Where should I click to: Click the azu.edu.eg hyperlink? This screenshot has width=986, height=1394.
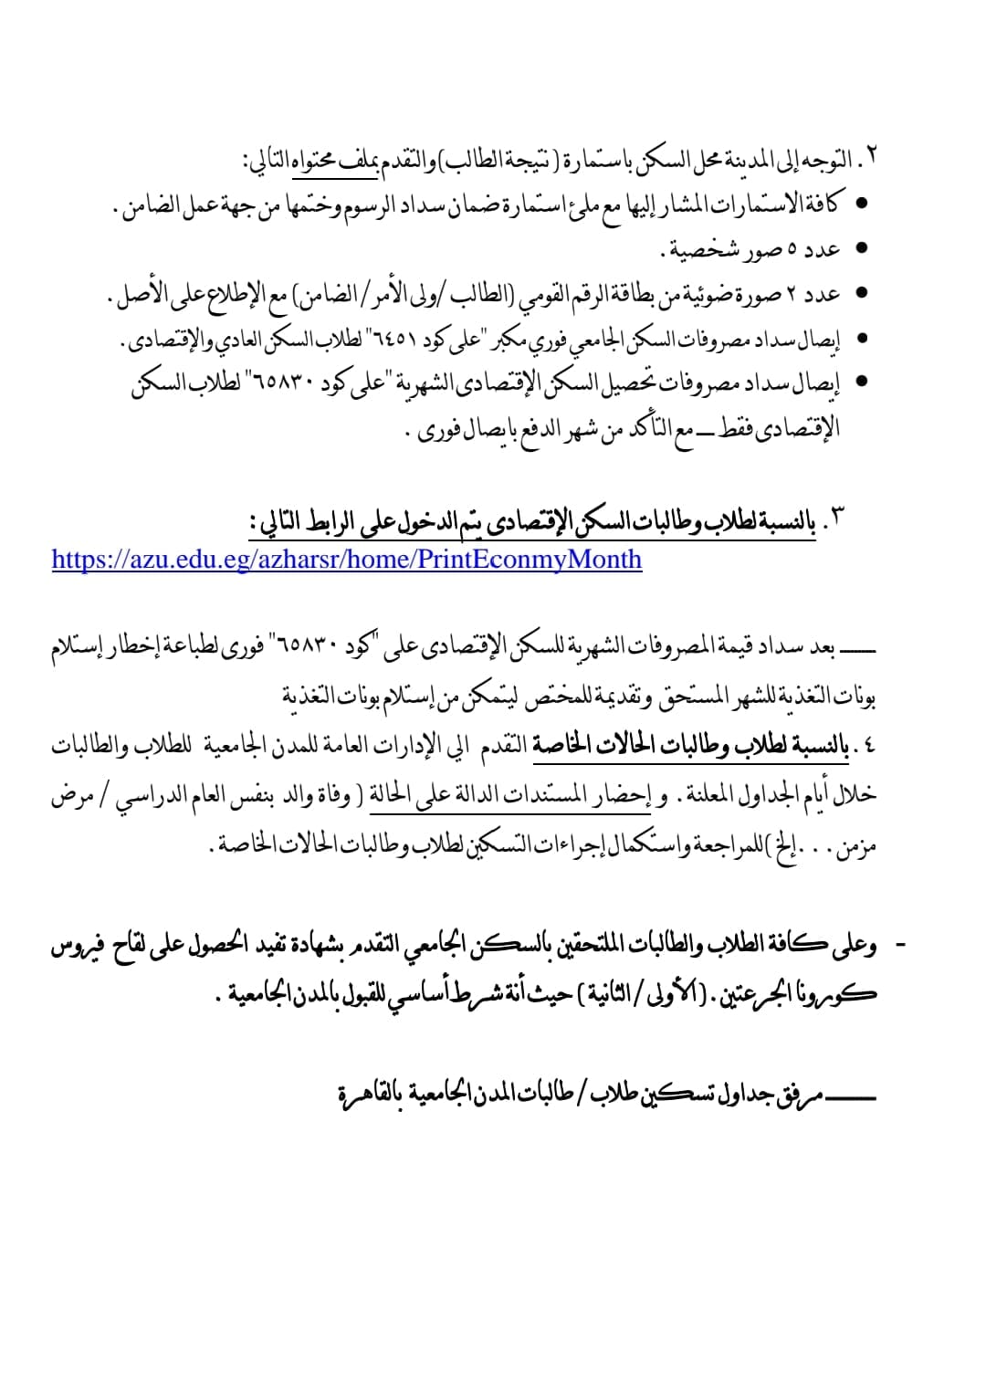click(347, 559)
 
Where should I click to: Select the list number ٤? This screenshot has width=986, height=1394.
click(867, 747)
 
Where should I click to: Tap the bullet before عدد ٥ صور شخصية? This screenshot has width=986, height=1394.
click(860, 248)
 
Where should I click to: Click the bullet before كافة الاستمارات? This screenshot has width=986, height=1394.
click(860, 203)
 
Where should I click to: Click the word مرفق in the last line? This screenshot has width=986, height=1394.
click(801, 1093)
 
